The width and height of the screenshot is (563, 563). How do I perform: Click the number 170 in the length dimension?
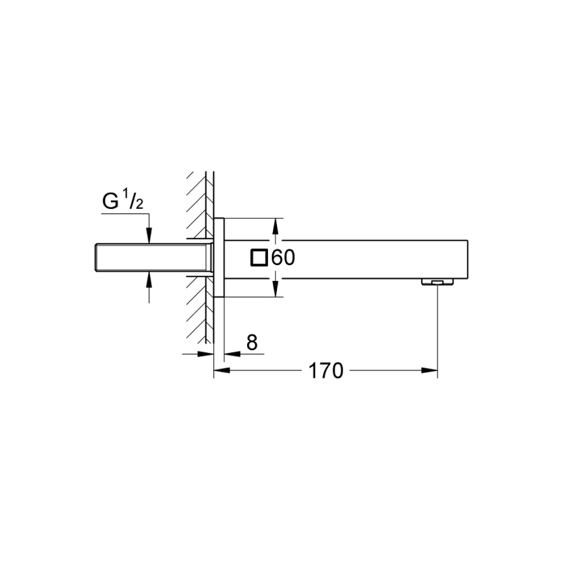click(x=325, y=371)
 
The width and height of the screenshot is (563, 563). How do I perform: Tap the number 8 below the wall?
click(x=252, y=343)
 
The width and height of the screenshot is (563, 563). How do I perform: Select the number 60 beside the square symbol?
click(x=283, y=258)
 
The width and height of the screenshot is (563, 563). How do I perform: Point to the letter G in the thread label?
click(x=111, y=202)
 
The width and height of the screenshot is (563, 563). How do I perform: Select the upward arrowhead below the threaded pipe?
click(x=150, y=278)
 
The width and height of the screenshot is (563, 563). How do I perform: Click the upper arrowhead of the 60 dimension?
click(x=275, y=224)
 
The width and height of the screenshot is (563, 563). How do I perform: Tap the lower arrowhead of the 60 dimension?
click(x=275, y=291)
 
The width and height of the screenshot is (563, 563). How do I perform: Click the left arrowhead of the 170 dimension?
click(x=221, y=371)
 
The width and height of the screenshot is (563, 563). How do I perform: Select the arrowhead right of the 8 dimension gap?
click(x=231, y=354)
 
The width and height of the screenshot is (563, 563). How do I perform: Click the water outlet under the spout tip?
click(x=437, y=282)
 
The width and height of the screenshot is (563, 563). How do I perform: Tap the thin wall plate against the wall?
click(x=219, y=258)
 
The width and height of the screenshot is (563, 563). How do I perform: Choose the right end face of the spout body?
click(x=468, y=258)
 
